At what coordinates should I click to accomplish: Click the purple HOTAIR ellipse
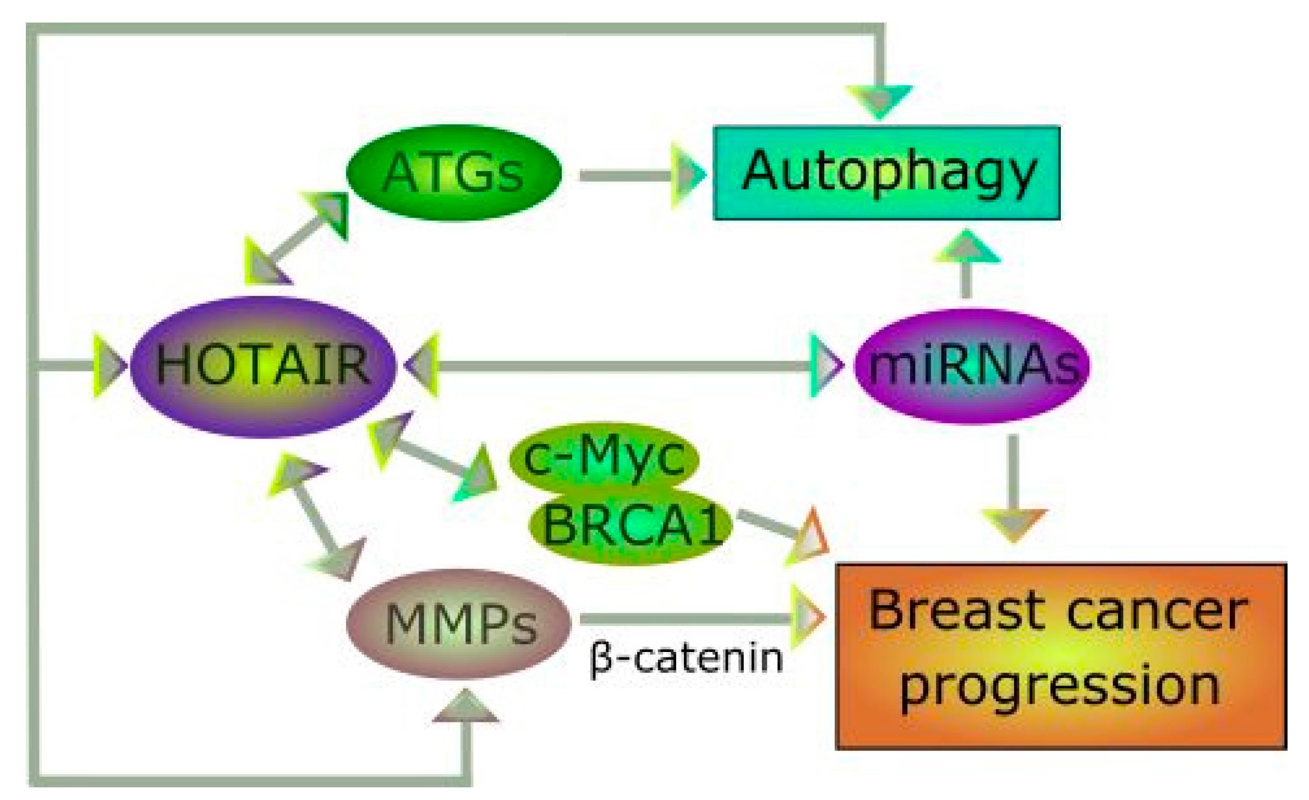tap(263, 365)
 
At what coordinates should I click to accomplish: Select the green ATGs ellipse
tap(453, 173)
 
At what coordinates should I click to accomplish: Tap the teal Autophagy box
tap(886, 173)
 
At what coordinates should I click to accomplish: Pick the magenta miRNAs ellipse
tap(971, 365)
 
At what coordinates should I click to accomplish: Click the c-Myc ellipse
tap(604, 457)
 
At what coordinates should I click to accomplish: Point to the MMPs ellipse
tap(459, 624)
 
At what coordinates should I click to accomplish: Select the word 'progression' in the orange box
tap(1060, 686)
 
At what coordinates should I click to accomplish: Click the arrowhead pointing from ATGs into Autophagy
tap(688, 175)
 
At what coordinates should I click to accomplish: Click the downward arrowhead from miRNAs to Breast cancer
tap(1014, 523)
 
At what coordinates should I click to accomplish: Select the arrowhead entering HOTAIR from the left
tap(110, 365)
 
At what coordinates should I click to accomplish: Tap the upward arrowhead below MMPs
tap(466, 708)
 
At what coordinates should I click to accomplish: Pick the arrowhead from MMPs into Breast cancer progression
tap(807, 617)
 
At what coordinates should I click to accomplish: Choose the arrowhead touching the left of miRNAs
tap(825, 365)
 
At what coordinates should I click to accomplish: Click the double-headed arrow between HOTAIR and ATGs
tap(297, 240)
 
